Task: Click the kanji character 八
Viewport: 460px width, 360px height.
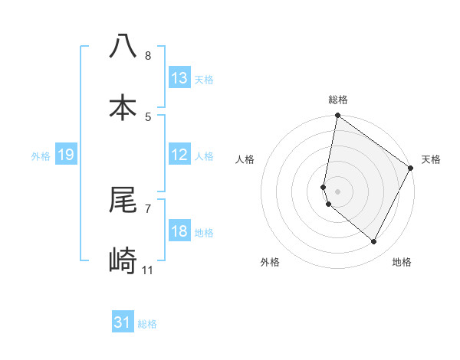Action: click(123, 47)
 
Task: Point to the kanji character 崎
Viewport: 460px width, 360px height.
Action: click(123, 261)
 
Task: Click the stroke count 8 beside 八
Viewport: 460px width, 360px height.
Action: click(148, 56)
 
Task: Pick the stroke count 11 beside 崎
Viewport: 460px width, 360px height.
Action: click(148, 270)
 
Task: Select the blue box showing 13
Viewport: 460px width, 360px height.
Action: click(179, 78)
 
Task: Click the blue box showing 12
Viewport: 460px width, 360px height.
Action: click(179, 155)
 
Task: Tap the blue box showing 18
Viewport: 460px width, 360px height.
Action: click(179, 231)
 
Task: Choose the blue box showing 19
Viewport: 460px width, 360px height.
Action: click(65, 155)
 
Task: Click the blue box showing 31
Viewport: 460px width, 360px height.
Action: click(123, 322)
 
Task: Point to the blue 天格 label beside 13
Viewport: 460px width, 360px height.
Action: click(204, 80)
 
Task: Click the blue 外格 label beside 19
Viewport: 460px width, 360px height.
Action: click(41, 156)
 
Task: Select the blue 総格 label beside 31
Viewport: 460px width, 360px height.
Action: click(147, 324)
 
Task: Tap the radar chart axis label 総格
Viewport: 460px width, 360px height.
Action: click(338, 100)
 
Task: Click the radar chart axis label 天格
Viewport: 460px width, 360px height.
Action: click(431, 159)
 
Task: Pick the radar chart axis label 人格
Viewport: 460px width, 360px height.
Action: click(245, 159)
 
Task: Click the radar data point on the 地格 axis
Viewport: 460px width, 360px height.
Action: click(374, 242)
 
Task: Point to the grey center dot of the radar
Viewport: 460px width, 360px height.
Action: click(338, 191)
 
